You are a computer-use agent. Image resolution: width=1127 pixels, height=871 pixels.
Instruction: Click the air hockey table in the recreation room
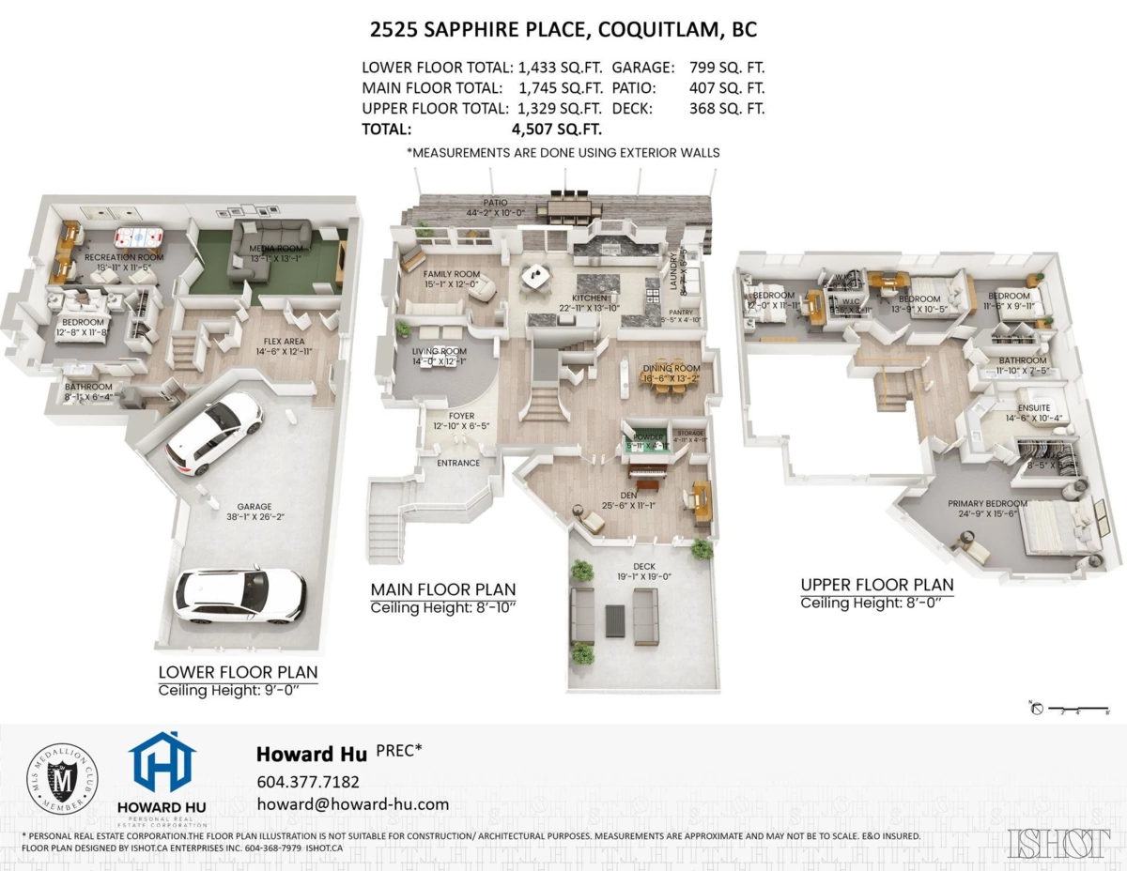pos(138,237)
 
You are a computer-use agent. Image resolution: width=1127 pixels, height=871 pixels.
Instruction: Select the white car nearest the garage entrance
pos(239,595)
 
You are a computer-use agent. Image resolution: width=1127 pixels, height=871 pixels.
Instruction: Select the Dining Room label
pos(672,369)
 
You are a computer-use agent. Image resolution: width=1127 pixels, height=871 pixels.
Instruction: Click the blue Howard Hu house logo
pos(162,762)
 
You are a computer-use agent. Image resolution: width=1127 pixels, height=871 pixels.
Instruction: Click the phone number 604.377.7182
pos(307,782)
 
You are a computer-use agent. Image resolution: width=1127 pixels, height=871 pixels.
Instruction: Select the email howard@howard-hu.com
pos(352,804)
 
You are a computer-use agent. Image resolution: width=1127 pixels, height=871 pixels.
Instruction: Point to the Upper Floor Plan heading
pos(876,585)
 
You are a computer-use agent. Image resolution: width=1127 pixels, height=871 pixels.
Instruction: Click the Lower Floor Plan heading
pos(238,672)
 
